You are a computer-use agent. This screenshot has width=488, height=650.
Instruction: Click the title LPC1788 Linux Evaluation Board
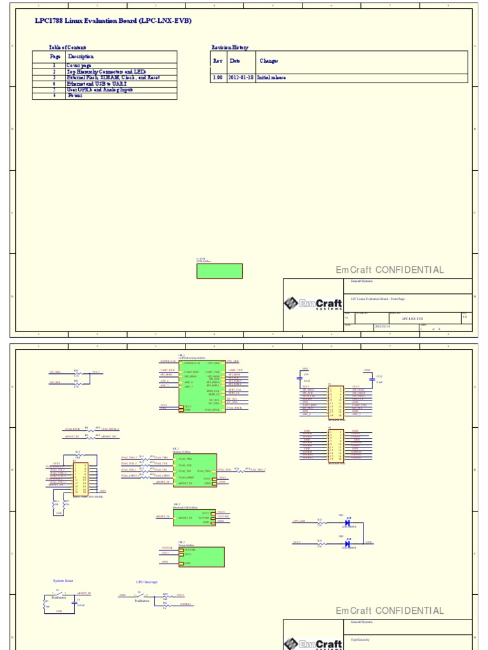point(113,21)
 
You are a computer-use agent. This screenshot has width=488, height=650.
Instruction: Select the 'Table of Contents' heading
point(67,48)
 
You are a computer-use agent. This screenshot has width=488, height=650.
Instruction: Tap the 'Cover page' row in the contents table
point(79,65)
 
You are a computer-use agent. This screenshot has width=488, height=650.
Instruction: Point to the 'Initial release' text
point(271,77)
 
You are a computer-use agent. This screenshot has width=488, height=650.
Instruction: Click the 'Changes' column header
point(269,61)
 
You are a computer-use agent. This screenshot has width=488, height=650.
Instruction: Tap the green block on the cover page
point(219,271)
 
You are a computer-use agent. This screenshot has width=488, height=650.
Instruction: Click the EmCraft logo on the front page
point(313,304)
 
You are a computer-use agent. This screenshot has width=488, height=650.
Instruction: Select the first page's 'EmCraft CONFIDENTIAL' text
point(390,270)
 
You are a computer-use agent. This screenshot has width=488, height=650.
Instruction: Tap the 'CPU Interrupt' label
point(147,582)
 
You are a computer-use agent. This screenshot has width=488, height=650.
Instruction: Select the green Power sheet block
point(201,557)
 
